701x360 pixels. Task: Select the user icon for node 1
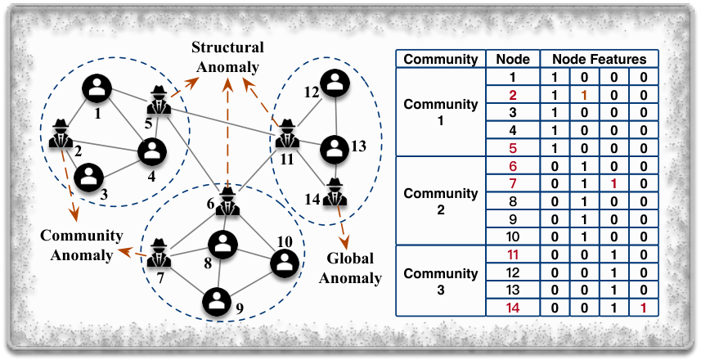click(97, 88)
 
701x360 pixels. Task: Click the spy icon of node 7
click(159, 254)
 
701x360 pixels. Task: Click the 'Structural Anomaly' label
click(227, 56)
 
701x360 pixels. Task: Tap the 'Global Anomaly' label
click(350, 268)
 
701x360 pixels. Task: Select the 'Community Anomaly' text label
click(81, 245)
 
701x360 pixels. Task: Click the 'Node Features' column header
click(599, 59)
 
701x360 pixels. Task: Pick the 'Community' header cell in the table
click(440, 59)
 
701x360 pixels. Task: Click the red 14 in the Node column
click(512, 308)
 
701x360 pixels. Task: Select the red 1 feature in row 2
click(584, 95)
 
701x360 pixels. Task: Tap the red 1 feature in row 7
click(613, 184)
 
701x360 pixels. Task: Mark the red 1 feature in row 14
click(644, 308)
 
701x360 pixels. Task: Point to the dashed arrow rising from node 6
click(227, 133)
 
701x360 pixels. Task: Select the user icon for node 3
click(88, 177)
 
